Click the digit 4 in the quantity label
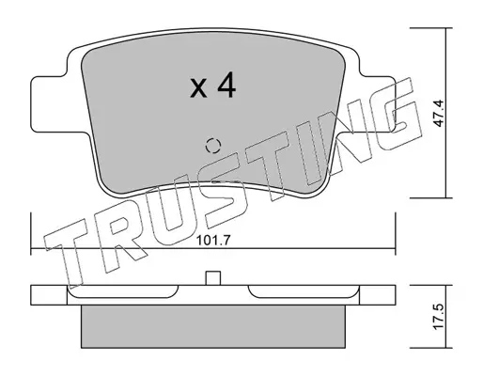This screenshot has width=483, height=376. (x=226, y=85)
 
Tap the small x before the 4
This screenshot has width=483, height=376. (x=198, y=88)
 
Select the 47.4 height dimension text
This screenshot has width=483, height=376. (x=439, y=113)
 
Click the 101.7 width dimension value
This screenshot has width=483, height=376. (x=213, y=241)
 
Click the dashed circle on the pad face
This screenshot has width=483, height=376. (x=213, y=146)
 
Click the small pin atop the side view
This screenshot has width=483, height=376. (x=213, y=278)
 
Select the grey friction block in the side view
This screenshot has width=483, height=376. (x=213, y=326)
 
